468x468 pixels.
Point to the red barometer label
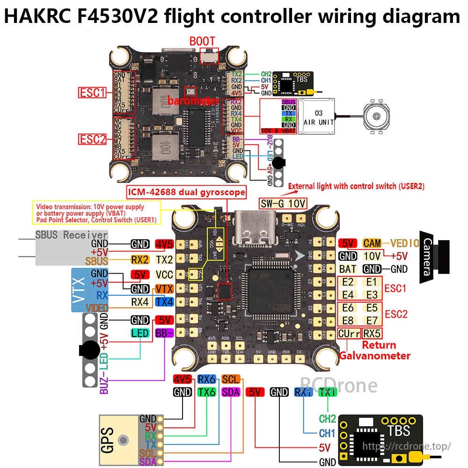click(193, 101)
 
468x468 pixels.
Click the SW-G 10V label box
click(283, 204)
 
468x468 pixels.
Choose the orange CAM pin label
click(372, 243)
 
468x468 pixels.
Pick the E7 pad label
click(372, 321)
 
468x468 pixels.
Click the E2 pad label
click(348, 282)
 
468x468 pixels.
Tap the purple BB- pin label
click(164, 333)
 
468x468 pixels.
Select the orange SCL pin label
click(231, 379)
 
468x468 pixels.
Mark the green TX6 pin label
click(206, 392)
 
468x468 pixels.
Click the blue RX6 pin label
click(206, 379)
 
